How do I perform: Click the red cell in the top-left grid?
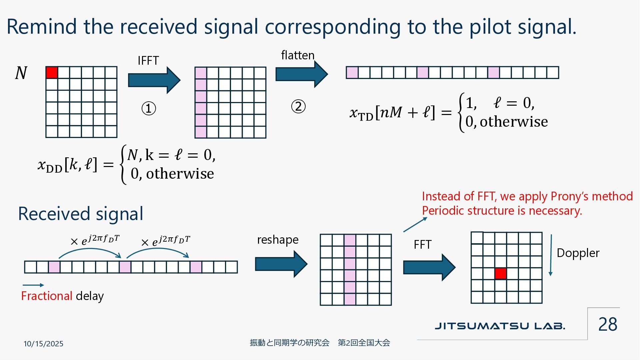pos(52,72)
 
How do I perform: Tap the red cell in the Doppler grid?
pos(500,273)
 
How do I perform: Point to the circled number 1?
pos(149,109)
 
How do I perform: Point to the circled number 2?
pos(298,107)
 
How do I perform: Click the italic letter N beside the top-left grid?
pos(21,73)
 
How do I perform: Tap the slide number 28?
pos(607,324)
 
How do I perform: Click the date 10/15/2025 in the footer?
pos(43,344)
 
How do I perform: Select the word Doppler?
pos(578,253)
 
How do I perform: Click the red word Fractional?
pos(47,296)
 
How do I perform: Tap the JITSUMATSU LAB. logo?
pos(500,326)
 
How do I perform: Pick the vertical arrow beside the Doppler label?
pos(551,255)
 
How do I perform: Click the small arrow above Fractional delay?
pos(33,285)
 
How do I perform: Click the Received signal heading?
pos(81,214)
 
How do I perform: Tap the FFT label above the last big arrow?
pos(422,245)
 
